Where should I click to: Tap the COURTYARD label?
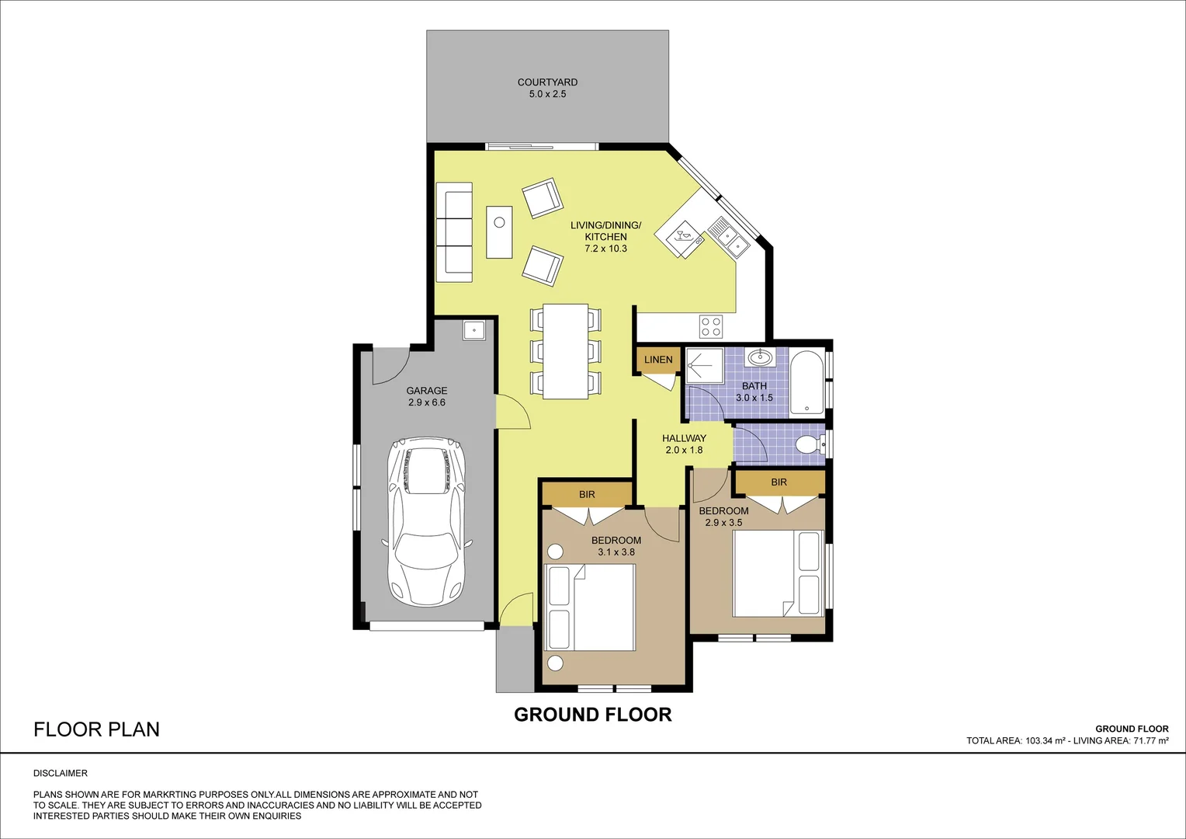coord(547,82)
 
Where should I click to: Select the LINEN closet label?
coord(658,360)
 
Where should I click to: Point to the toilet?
coord(809,445)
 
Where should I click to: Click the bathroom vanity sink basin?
coord(759,358)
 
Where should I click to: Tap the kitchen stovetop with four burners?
coord(711,326)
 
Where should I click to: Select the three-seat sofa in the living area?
coord(454,232)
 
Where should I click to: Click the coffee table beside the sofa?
coord(499,232)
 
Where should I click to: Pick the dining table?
coord(565,351)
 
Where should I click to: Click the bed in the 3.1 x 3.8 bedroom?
coord(591,607)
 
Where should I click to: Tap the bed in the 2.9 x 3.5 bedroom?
coord(777,573)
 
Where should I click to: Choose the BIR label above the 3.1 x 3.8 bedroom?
coord(587,494)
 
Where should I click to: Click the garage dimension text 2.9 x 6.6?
coord(427,402)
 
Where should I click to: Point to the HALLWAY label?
coord(684,438)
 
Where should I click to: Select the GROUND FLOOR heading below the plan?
coord(592,715)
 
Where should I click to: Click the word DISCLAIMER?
coord(61,773)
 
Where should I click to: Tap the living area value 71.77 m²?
coord(1151,741)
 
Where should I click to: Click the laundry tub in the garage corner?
coord(473,330)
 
